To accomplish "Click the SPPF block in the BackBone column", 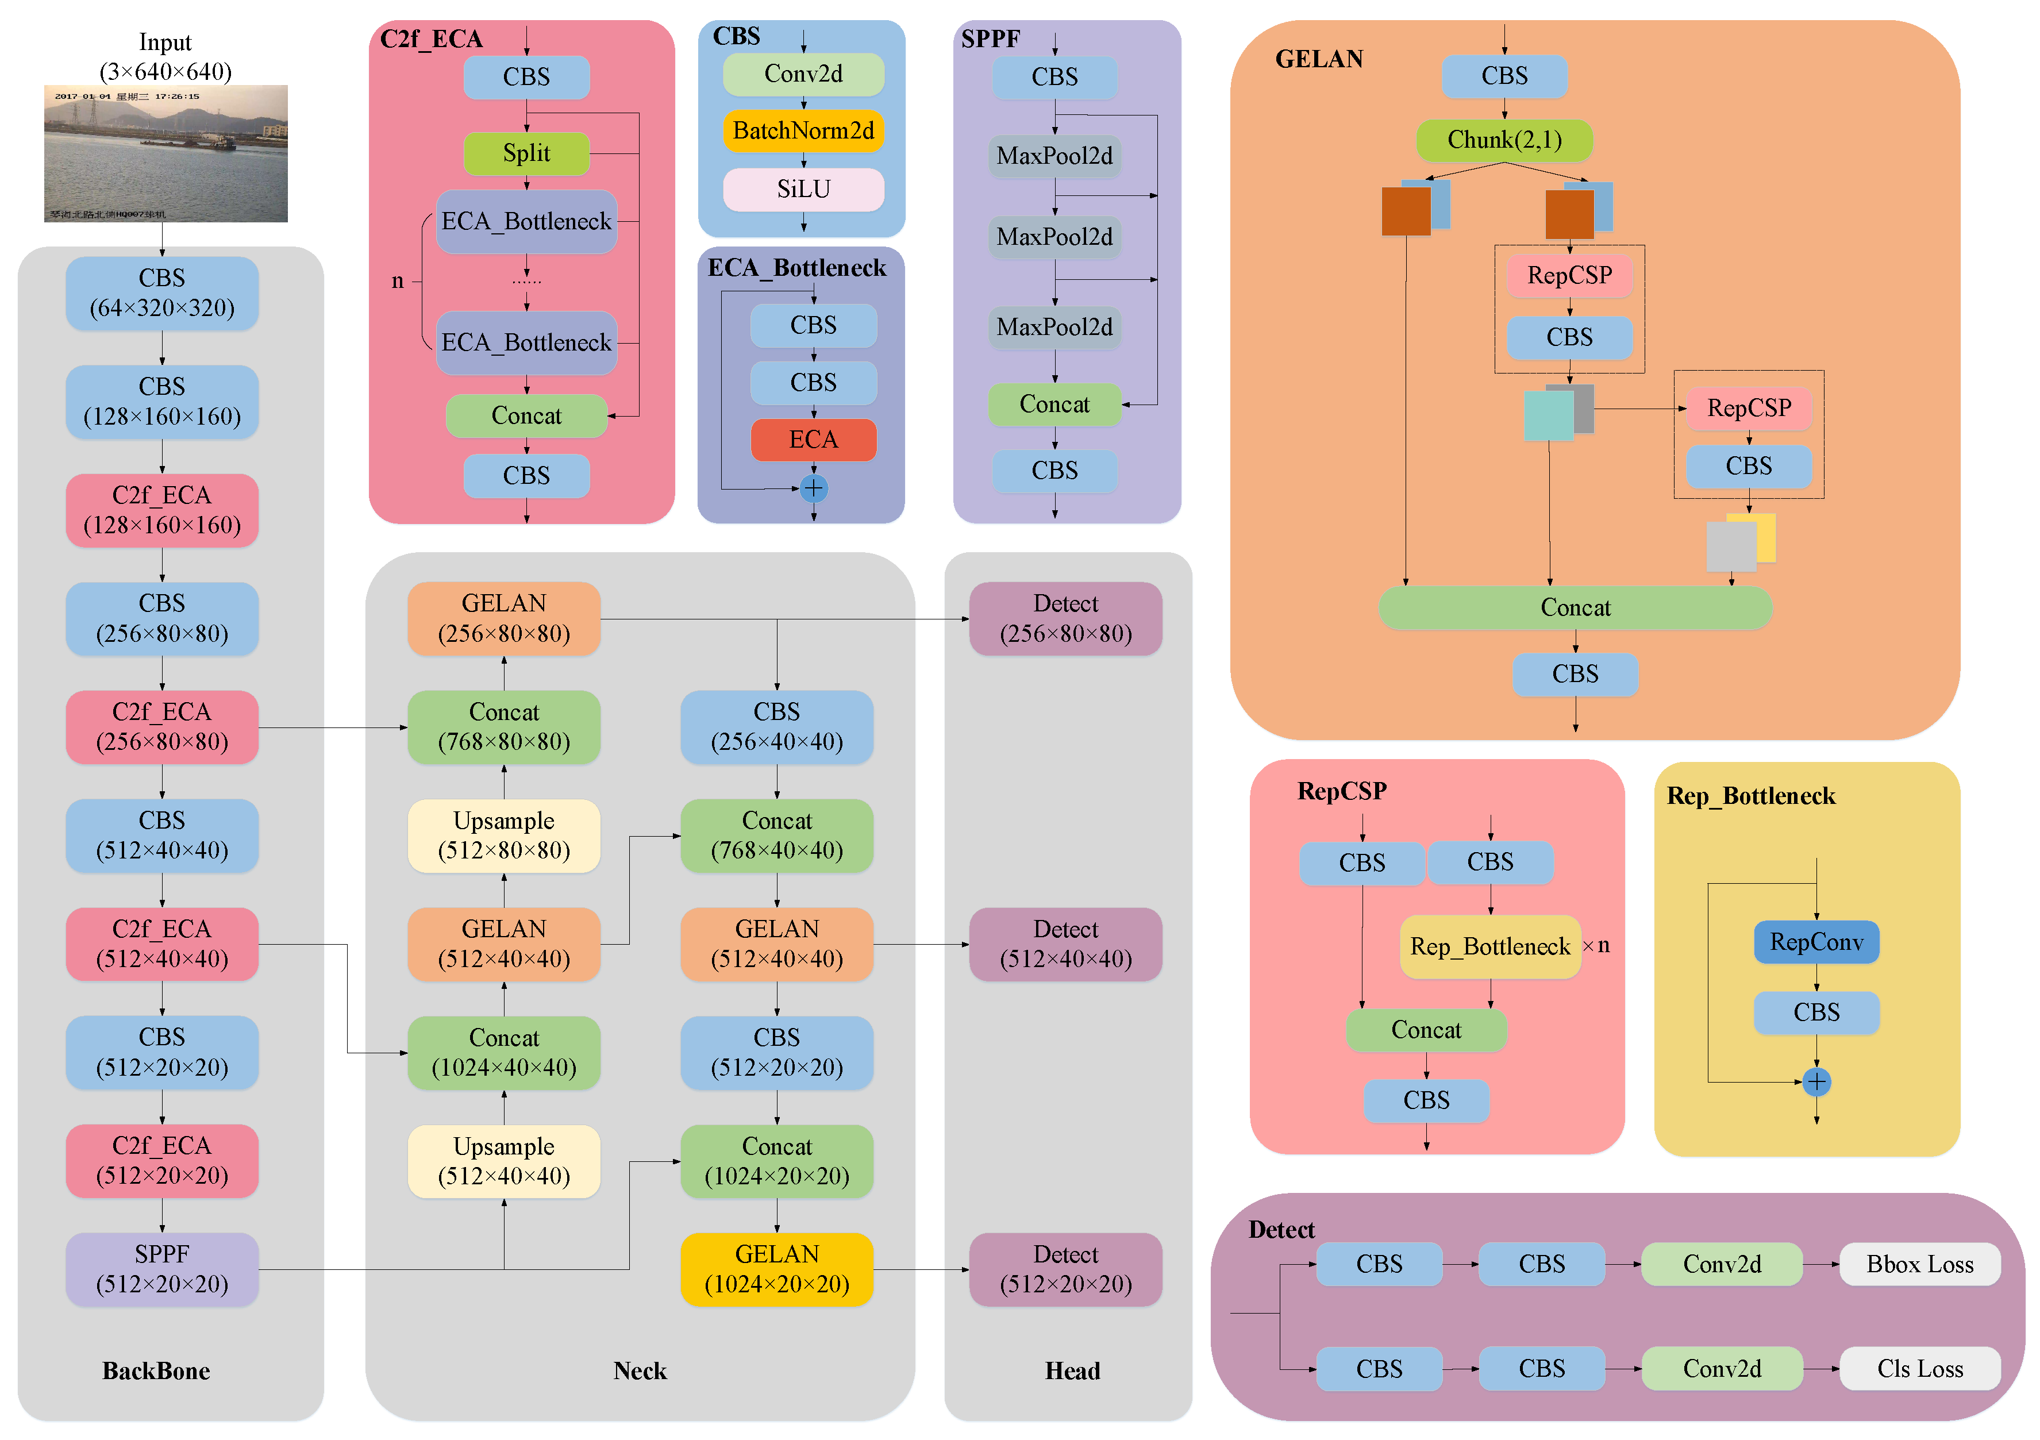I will [161, 1269].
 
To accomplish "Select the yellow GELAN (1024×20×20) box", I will [776, 1269].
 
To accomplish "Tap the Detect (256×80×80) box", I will [1065, 618].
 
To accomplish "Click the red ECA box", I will [813, 440].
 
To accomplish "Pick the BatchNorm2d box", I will [803, 130].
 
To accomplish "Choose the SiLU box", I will [803, 189].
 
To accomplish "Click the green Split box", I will [526, 153].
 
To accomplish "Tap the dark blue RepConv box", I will [1815, 942].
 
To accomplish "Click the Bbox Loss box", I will [1919, 1264].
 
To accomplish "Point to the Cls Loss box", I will [1919, 1368].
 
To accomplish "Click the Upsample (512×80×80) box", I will [504, 835].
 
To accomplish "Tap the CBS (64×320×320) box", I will [161, 293].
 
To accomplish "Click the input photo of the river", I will [166, 153].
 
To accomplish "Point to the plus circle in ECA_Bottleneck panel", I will [813, 488].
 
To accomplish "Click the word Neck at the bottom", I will [640, 1370].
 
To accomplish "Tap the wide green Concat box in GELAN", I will [1575, 607].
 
